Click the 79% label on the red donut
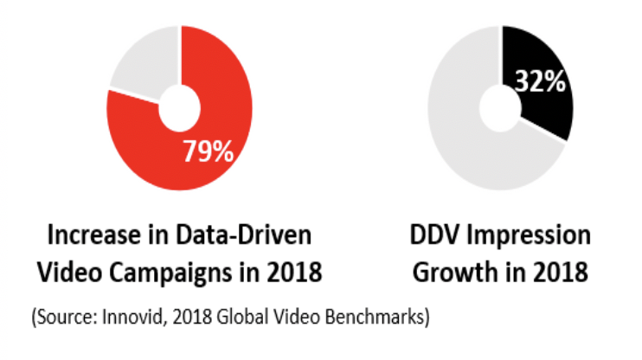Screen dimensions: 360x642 [208, 151]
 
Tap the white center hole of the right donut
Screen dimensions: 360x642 [502, 106]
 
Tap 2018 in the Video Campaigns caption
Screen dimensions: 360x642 [294, 272]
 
